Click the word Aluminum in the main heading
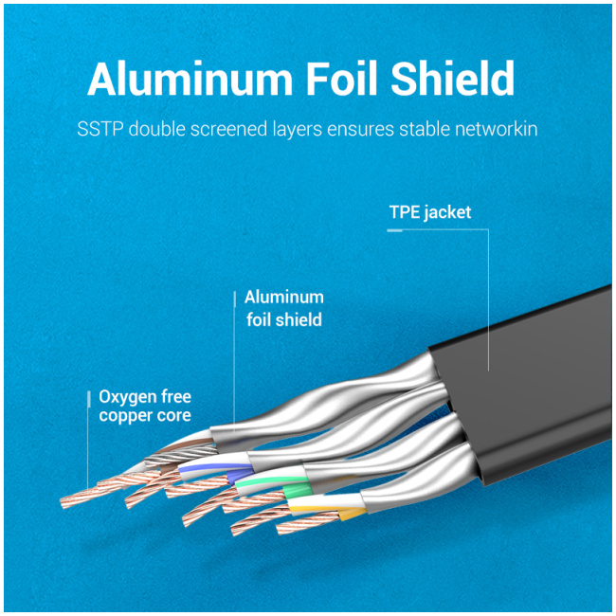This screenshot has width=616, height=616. click(190, 79)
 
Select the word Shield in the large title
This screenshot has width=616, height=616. click(452, 78)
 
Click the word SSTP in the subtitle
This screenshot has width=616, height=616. click(100, 129)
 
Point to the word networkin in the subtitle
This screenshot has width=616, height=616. click(497, 129)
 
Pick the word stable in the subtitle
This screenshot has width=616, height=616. click(425, 129)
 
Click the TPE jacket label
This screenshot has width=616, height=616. click(430, 212)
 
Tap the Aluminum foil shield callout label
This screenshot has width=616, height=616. click(284, 308)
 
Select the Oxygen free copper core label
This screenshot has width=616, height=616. click(145, 407)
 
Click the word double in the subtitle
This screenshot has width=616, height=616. click(156, 129)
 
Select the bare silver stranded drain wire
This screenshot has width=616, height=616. click(181, 455)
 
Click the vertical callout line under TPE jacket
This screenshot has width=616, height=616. click(488, 300)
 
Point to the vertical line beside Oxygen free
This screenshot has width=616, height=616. click(88, 440)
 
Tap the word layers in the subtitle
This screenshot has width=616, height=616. click(298, 130)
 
